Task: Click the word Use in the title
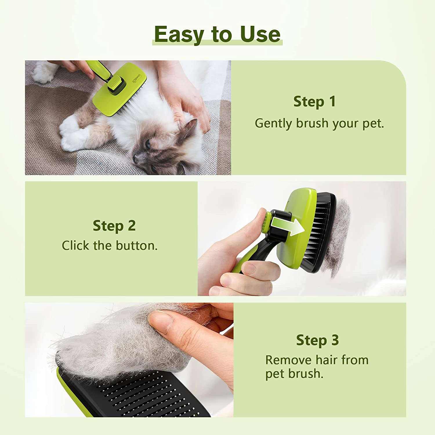pyautogui.click(x=260, y=34)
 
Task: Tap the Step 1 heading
pyautogui.click(x=314, y=101)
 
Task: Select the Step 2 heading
pyautogui.click(x=114, y=226)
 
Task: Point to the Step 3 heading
pyautogui.click(x=317, y=340)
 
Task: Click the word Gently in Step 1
pyautogui.click(x=273, y=124)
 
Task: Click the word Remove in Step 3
pyautogui.click(x=288, y=360)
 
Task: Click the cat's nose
pyautogui.click(x=135, y=158)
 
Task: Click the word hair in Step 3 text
pyautogui.click(x=327, y=360)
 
